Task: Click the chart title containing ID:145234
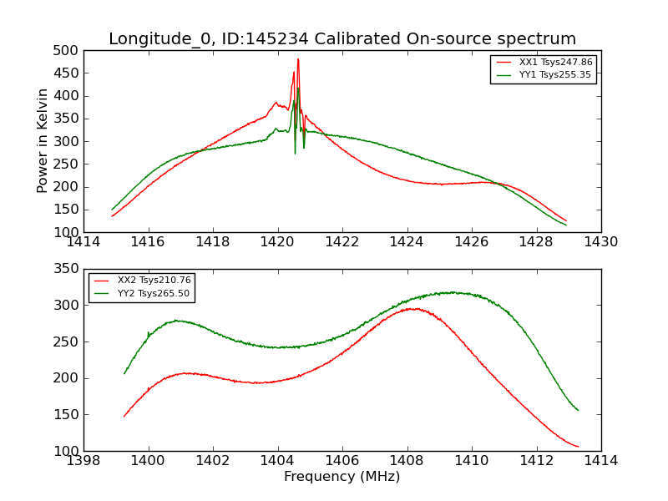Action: pos(342,39)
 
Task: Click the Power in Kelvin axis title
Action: pos(43,141)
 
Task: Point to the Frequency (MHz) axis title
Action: pos(342,477)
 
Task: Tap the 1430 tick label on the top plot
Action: pos(600,242)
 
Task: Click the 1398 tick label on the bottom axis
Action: pos(84,461)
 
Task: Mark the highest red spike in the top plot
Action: pos(298,59)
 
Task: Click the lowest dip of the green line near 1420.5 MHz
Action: pos(295,153)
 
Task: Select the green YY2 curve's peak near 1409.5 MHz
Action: pos(451,292)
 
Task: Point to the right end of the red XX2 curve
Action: pos(578,447)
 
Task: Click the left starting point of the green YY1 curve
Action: pos(113,210)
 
